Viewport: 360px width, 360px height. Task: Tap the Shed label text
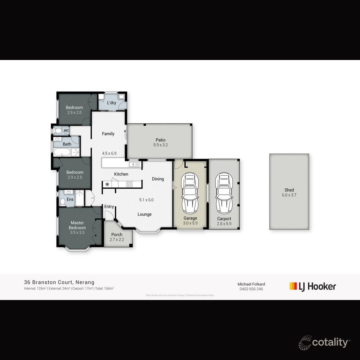coord(289,190)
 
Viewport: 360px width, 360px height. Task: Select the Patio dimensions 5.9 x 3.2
coord(160,145)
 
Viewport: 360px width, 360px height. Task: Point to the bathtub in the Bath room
coord(62,152)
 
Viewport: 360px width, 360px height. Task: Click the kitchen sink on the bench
coord(134,164)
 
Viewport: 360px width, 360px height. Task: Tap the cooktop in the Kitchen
coord(129,184)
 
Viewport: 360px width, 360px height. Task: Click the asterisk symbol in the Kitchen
coord(107,184)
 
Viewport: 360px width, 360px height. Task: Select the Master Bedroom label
coord(77,225)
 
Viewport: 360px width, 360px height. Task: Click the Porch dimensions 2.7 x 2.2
coord(117,240)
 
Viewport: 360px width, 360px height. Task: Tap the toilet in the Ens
coord(62,202)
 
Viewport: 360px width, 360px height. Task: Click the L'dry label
coord(112,103)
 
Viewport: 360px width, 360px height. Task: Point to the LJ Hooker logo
coord(313,286)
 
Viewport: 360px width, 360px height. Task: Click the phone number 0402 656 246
coord(251,289)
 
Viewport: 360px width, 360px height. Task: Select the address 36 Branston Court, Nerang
coord(59,282)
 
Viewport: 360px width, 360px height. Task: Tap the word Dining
coord(158,179)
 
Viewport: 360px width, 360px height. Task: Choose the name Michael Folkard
coord(251,284)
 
